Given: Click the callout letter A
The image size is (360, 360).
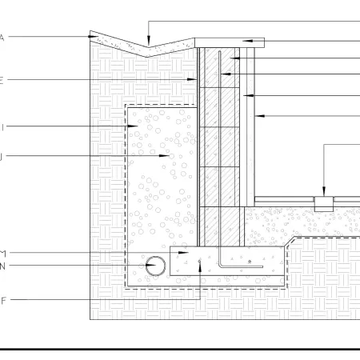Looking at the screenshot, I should coord(2,37).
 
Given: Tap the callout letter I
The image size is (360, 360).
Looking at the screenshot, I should coord(2,126).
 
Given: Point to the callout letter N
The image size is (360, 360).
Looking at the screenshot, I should coord(2,265).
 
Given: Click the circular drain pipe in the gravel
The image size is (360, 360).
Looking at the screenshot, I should coord(155,263).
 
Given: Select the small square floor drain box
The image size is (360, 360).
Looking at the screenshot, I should coord(323,203).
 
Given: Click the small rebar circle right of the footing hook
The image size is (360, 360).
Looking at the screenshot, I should coord(250,262).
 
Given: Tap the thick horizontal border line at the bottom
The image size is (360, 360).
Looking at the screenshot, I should coord(180,350).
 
